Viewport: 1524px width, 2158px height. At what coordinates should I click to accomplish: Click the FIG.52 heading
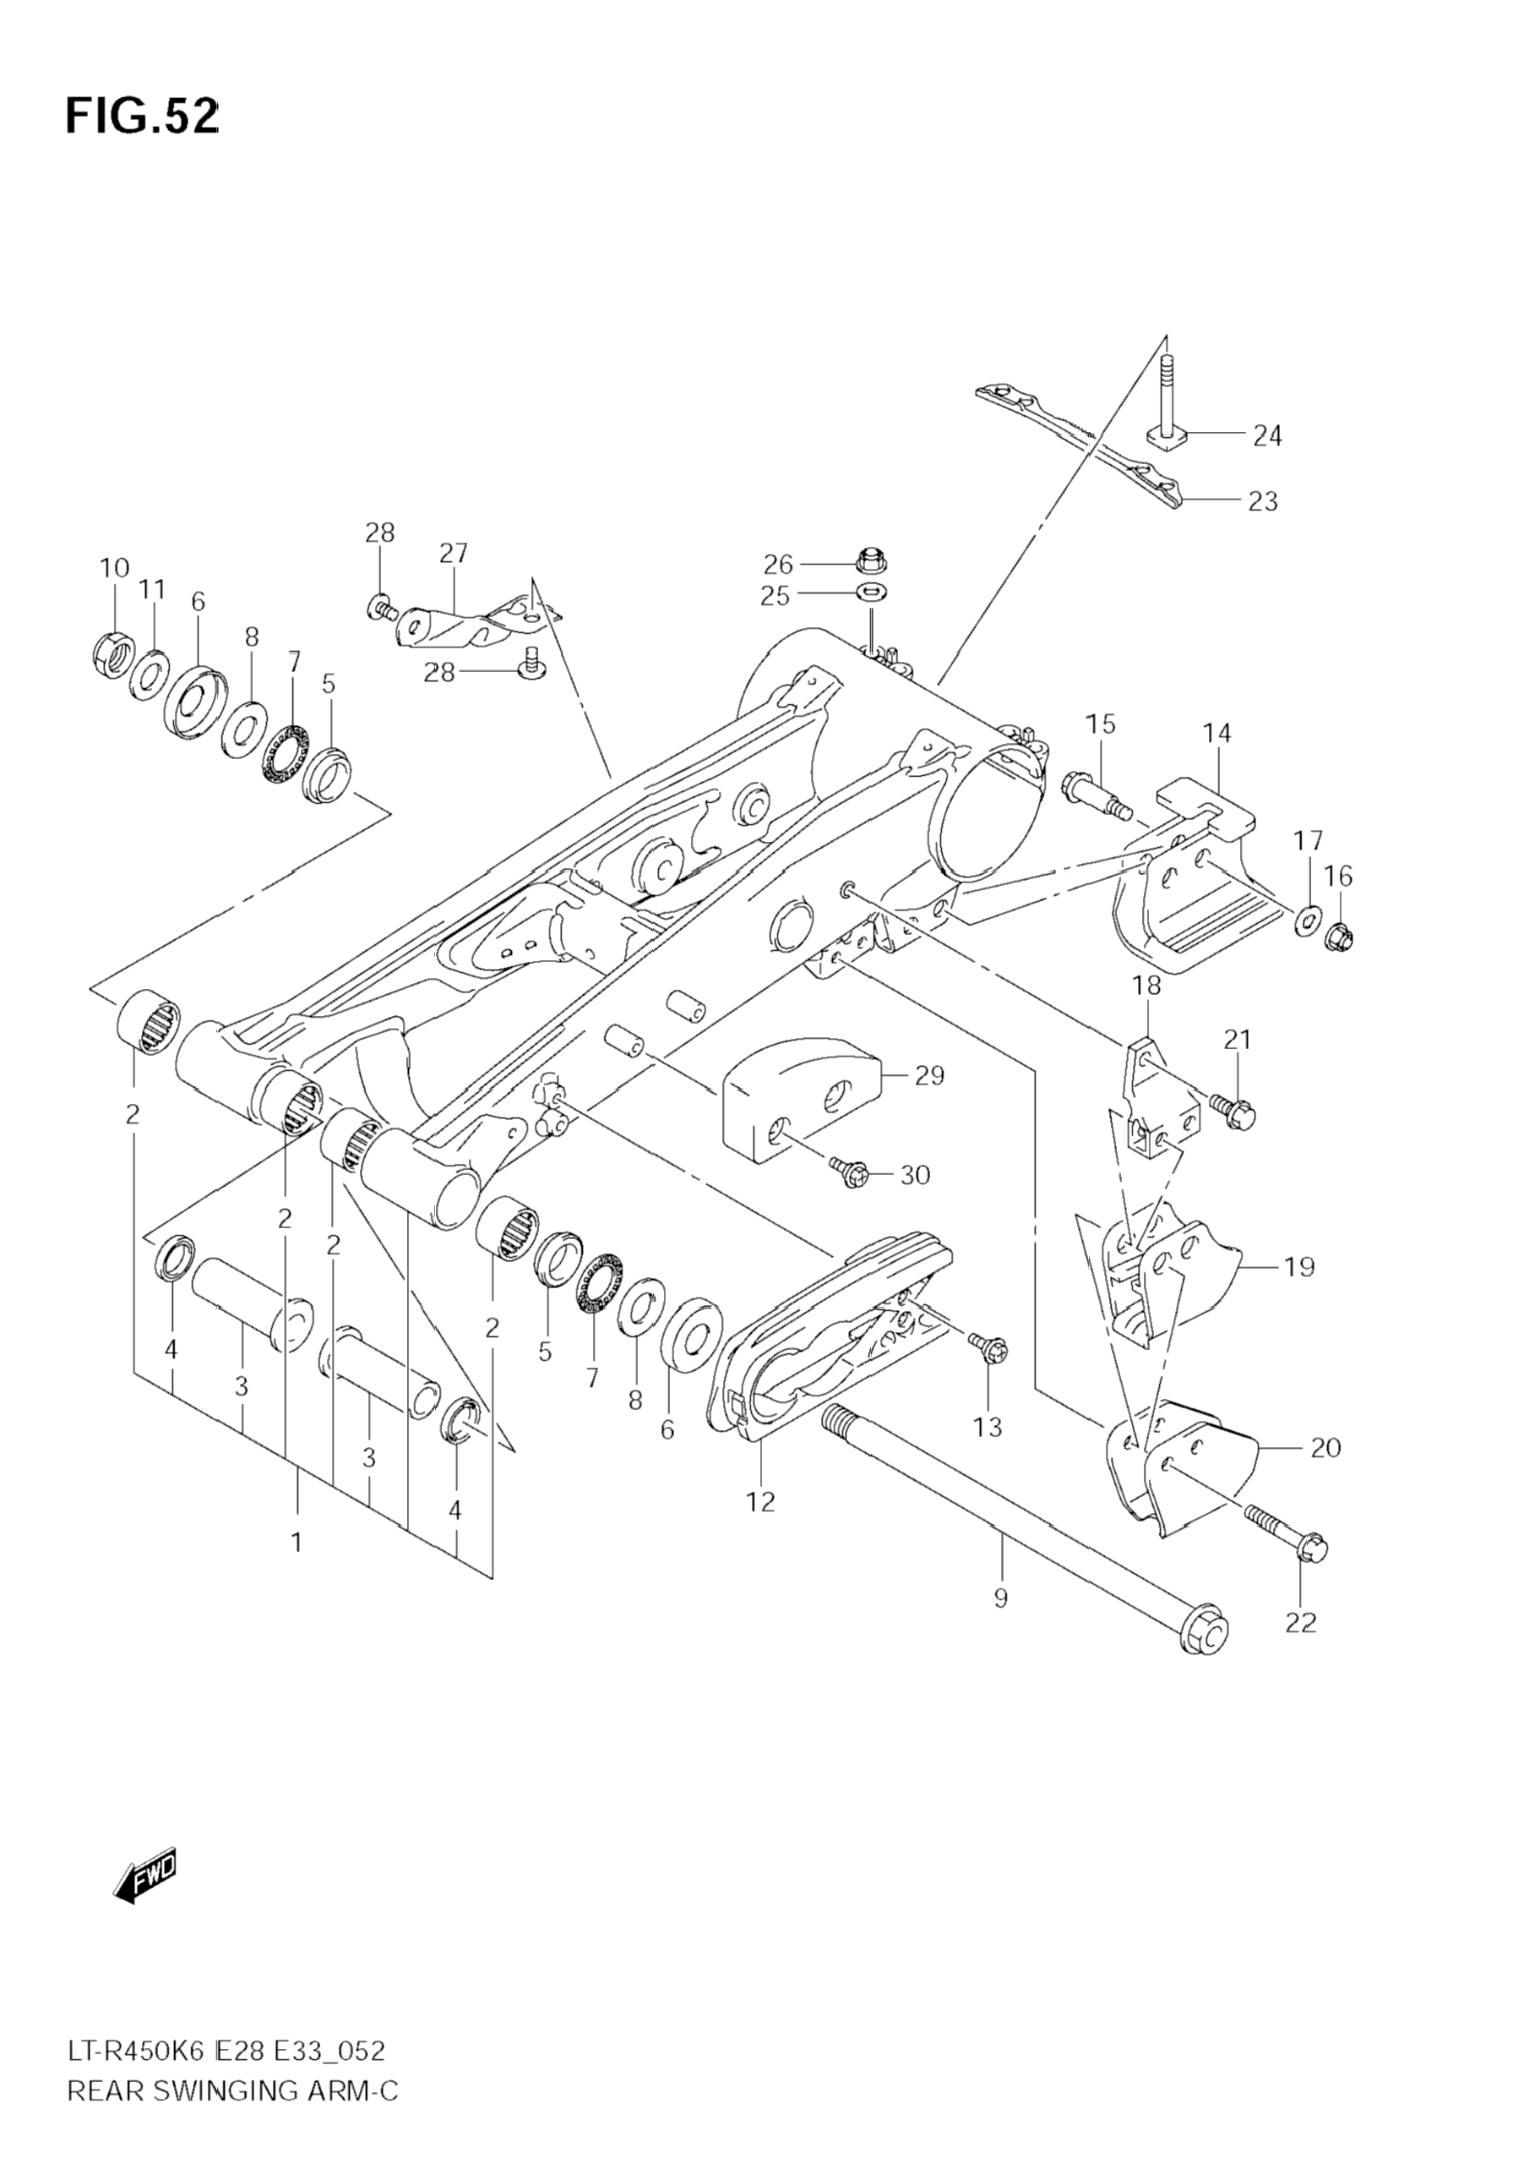(142, 117)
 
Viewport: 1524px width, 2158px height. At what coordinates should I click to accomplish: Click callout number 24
(1267, 436)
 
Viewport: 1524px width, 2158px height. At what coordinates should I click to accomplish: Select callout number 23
(1264, 501)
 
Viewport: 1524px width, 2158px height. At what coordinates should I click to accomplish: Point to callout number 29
(929, 1075)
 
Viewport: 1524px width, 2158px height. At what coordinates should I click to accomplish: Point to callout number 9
(1001, 1597)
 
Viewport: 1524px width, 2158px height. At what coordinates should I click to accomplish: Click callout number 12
(761, 1502)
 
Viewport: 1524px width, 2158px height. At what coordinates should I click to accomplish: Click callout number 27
(453, 553)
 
